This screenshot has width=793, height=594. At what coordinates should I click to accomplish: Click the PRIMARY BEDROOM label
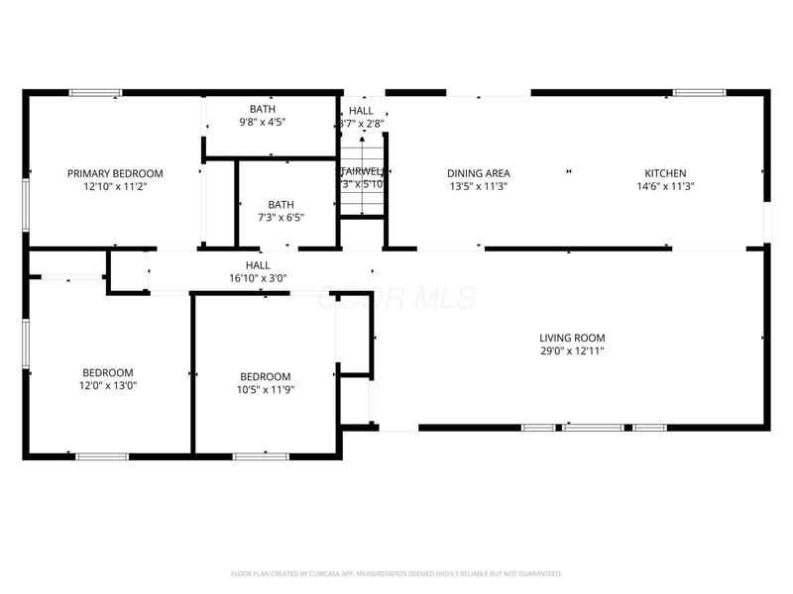(115, 173)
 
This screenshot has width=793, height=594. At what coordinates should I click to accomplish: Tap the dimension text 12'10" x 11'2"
(115, 186)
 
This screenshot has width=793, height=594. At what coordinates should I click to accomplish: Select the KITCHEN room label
(665, 173)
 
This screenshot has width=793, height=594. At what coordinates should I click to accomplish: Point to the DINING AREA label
(479, 173)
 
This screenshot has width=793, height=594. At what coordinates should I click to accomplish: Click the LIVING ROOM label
(572, 338)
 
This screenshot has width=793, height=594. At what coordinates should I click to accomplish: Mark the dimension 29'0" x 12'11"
(572, 350)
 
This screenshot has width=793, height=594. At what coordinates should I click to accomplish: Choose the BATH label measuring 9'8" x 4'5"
(263, 109)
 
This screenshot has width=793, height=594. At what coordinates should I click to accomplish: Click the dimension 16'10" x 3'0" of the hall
(258, 278)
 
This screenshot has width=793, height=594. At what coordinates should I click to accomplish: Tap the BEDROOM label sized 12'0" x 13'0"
(108, 373)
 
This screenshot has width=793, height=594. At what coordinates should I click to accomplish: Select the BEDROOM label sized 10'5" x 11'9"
(266, 376)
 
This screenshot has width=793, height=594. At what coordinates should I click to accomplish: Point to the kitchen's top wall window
(698, 93)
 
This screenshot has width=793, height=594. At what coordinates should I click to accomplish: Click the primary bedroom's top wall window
(95, 93)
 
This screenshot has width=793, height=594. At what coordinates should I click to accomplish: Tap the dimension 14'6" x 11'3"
(665, 186)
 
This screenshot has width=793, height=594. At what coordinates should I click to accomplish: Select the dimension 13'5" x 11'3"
(479, 186)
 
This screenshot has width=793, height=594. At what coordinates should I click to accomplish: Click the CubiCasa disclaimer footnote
(396, 573)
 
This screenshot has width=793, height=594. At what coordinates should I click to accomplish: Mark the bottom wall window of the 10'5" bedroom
(262, 455)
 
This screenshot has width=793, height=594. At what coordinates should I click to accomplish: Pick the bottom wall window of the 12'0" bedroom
(102, 455)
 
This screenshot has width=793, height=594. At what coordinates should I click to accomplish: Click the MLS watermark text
(396, 298)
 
